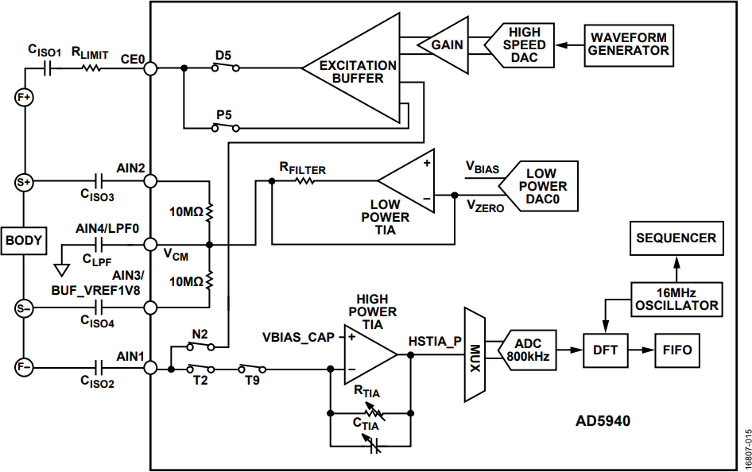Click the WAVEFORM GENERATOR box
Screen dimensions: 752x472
coord(629,45)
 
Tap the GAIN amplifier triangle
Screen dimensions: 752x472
coord(443,45)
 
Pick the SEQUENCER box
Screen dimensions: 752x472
coord(676,238)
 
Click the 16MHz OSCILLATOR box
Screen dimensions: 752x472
coord(676,299)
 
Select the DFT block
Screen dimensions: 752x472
coord(605,350)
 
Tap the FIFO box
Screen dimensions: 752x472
coord(677,350)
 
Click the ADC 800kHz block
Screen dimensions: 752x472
coord(528,350)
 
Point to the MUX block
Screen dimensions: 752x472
coord(475,354)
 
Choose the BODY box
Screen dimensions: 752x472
coord(24,241)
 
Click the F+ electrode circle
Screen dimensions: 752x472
coord(24,98)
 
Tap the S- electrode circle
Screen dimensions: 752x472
coord(24,308)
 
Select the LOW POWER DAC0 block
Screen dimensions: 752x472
coord(538,187)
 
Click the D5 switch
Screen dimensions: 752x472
coord(226,67)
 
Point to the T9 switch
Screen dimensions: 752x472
coord(252,368)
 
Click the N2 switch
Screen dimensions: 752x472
coord(200,345)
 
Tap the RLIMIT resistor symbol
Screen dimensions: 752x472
coord(91,68)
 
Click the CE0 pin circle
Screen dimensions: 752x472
coord(150,68)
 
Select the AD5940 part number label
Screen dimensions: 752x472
coord(603,421)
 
